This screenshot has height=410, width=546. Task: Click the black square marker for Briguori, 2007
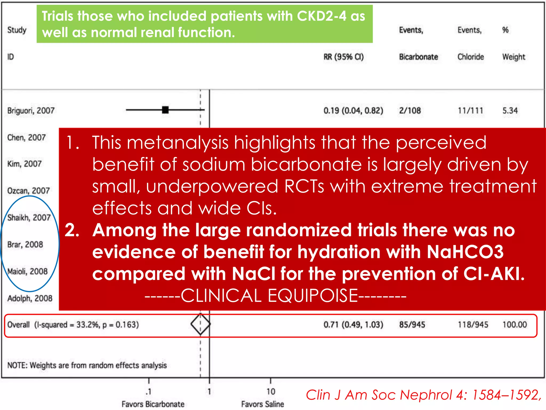(165, 110)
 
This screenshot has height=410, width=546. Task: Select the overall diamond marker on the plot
(200, 324)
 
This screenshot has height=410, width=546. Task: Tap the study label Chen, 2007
(26, 137)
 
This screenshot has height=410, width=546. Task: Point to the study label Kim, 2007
(25, 164)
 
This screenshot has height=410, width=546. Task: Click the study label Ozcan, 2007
(29, 191)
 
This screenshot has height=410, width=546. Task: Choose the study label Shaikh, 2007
(29, 218)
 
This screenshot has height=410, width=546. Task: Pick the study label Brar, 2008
(25, 244)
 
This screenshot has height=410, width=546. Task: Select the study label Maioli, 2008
(27, 271)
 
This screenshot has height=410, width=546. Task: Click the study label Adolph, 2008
(30, 298)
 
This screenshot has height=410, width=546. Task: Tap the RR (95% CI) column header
(343, 57)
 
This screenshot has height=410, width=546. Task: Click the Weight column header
(513, 57)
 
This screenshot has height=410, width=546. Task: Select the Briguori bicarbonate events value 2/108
(410, 111)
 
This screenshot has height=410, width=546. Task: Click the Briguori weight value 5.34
(510, 111)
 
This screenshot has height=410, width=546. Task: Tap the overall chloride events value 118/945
(473, 325)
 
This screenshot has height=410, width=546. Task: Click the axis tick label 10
(271, 392)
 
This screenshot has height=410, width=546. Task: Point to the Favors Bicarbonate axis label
(153, 404)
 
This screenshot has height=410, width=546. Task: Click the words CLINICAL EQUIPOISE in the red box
(269, 296)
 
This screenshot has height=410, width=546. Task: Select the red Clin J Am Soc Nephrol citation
(423, 395)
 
